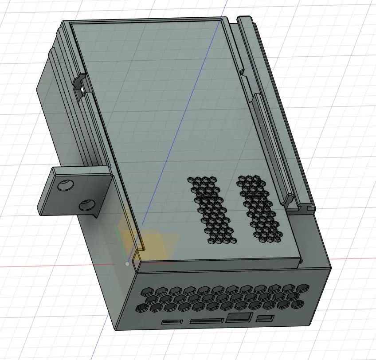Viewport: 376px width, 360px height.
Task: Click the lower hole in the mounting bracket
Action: [x=86, y=205]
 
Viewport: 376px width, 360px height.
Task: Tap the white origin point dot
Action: [x=128, y=264]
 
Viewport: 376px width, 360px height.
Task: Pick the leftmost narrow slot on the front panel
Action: [x=172, y=321]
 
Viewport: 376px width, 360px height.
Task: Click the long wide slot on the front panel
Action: [x=206, y=320]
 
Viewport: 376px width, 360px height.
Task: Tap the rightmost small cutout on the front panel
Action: [x=266, y=318]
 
